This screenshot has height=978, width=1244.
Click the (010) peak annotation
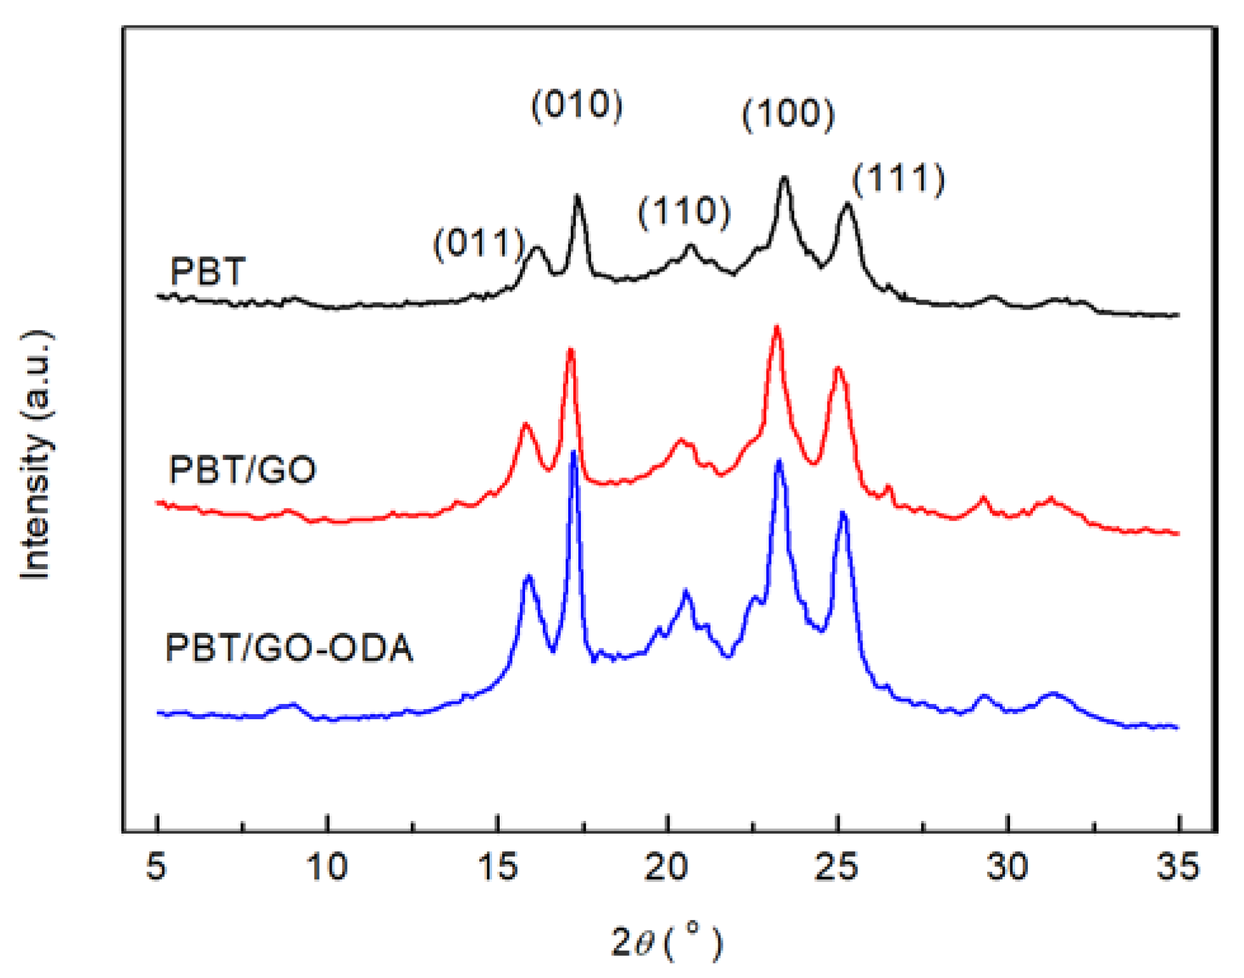577,105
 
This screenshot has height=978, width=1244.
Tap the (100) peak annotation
788,114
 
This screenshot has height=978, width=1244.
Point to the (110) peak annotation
684,212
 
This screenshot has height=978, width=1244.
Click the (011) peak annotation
479,244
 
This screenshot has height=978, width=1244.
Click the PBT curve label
207,272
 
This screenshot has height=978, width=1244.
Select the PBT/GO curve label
242,471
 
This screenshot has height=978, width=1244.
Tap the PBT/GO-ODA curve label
289,649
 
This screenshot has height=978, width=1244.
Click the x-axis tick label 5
156,866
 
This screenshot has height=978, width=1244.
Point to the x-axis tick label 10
327,866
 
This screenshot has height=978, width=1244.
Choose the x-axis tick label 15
497,866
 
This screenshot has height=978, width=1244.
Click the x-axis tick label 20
667,866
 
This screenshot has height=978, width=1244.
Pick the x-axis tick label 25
837,866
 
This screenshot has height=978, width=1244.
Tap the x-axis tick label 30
1008,866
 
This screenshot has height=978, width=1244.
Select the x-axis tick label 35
1178,866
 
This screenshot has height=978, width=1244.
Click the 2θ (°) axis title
667,942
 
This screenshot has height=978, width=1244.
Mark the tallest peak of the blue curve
573,452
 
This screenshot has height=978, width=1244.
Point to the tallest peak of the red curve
776,327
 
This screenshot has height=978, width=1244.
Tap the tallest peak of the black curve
784,179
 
